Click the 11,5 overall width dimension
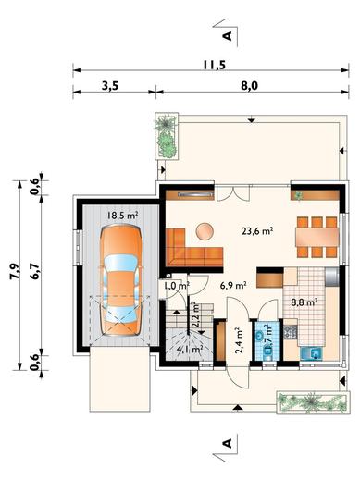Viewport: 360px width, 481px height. click(215, 65)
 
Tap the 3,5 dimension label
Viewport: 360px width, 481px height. click(110, 86)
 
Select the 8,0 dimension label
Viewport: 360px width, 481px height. click(249, 86)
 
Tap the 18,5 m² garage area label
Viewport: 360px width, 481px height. click(122, 216)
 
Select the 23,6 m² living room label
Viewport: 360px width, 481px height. click(257, 230)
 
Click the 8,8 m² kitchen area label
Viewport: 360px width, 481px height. click(304, 302)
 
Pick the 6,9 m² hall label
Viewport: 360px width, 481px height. click(233, 285)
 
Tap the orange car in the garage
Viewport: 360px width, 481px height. click(121, 280)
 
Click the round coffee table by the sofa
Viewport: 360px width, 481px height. click(205, 231)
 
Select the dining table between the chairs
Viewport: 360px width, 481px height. click(317, 237)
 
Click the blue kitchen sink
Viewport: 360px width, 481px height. click(311, 353)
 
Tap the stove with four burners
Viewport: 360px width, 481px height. click(291, 332)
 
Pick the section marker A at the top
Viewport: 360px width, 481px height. click(228, 36)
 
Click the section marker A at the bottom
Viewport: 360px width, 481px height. click(228, 443)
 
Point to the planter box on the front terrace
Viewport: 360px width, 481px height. click(313, 402)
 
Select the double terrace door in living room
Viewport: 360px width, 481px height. click(233, 192)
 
